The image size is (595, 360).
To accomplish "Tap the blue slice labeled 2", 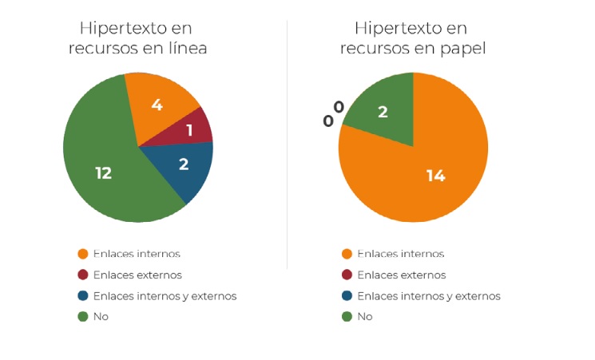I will point(189,167).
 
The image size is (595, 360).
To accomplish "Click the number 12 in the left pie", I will point(103,173).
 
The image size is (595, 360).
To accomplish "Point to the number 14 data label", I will point(435,176).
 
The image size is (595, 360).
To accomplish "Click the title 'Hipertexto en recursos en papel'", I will point(412,38).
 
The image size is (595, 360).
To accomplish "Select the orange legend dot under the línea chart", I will point(82,255).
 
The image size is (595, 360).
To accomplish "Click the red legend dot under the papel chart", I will point(347,275).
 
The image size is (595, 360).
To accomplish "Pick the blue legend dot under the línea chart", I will point(82,296).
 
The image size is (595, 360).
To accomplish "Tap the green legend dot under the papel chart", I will point(347,317).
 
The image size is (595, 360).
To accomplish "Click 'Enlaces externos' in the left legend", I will point(137,275).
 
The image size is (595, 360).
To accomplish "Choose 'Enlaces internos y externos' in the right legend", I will point(428,296).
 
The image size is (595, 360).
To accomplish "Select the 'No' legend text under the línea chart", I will point(101,317).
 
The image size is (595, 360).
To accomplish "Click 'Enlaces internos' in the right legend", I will point(400,255).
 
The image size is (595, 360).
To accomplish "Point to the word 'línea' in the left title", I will point(186,48).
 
